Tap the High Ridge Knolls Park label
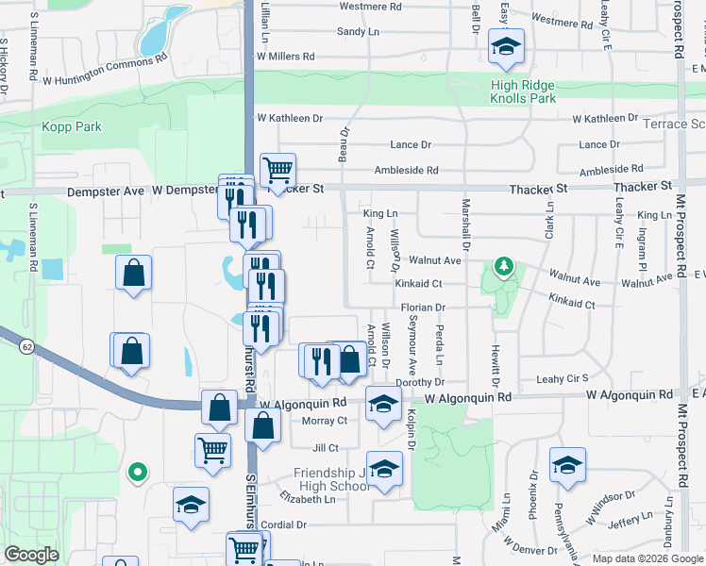point(522,92)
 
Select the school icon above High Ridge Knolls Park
point(506,47)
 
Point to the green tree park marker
point(506,268)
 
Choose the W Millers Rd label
point(285,57)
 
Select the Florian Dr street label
point(422,308)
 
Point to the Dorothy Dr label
point(421,382)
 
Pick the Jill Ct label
point(325,448)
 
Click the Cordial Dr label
point(285,524)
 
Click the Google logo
point(31,555)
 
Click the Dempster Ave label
point(107,191)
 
